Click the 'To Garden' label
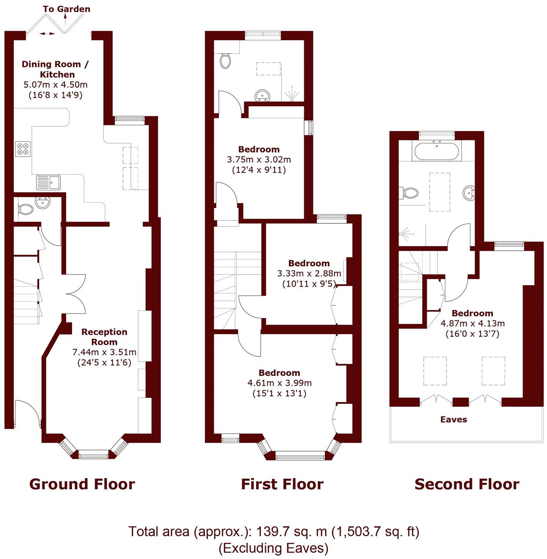click(x=66, y=9)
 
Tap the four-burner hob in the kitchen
click(x=23, y=148)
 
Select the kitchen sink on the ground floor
click(x=48, y=182)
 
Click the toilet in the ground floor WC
click(x=25, y=209)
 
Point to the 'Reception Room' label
click(x=104, y=337)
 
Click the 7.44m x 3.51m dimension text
click(x=104, y=352)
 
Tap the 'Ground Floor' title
click(x=82, y=484)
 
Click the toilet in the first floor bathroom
click(x=225, y=60)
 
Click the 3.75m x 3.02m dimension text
click(x=259, y=160)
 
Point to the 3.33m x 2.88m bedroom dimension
click(x=309, y=273)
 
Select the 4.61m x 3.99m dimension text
click(x=279, y=383)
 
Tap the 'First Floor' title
click(x=282, y=484)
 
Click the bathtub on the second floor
click(x=436, y=151)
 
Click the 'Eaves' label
click(x=453, y=419)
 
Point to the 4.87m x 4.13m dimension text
click(x=472, y=323)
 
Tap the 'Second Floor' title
click(x=467, y=484)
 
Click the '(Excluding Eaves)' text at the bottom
click(x=273, y=548)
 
